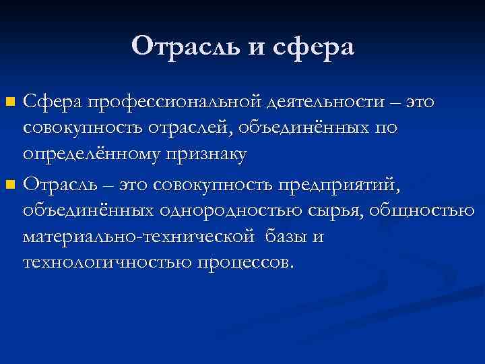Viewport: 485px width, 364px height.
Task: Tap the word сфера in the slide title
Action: tap(311, 47)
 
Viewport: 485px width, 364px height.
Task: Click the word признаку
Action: tap(213, 155)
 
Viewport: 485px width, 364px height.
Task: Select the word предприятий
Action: tap(344, 183)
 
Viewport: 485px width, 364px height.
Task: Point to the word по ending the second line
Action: tap(386, 129)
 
